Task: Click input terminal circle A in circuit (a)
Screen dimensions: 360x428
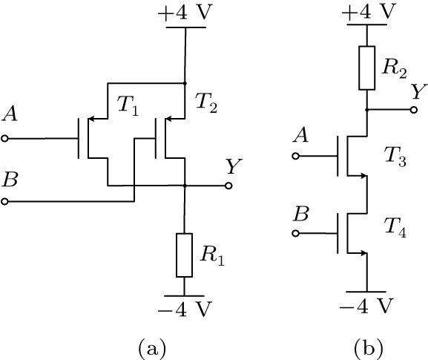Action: pos(5,138)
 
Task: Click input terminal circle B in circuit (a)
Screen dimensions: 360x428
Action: pos(5,201)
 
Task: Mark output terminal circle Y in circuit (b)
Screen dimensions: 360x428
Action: pos(413,109)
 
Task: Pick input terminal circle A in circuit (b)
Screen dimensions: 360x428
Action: pos(296,157)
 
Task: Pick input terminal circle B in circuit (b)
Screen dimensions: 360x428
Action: pos(296,233)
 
